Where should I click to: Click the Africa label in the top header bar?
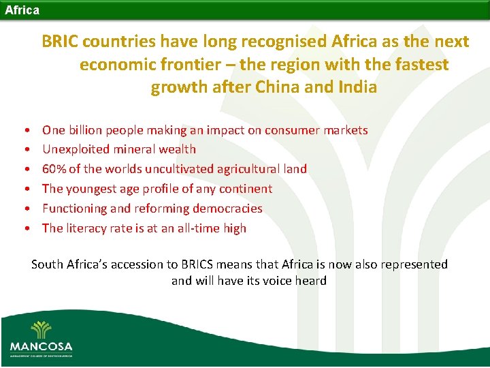tap(22, 10)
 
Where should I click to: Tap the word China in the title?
tap(308, 87)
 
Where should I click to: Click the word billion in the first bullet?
tap(88, 129)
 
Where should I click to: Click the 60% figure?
tap(54, 169)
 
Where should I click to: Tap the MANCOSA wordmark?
tap(41, 346)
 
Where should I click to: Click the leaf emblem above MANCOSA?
tap(41, 328)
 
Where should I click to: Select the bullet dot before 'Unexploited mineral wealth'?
tap(25, 150)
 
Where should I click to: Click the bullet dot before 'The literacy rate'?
tap(25, 229)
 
